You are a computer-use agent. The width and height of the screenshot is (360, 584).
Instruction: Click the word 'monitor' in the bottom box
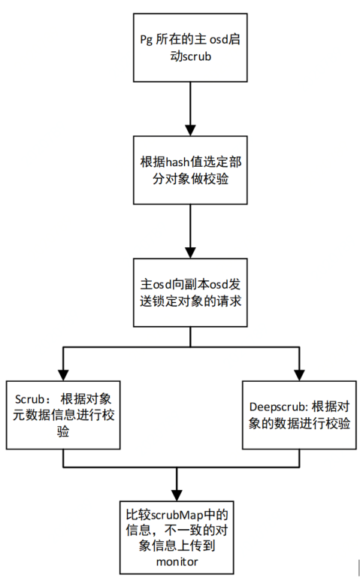pos(177,561)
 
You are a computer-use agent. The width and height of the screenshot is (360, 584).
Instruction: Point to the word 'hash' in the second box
pos(177,162)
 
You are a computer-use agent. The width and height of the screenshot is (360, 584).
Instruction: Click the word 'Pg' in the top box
pos(147,40)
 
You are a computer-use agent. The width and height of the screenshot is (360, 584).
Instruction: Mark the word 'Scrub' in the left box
pos(30,399)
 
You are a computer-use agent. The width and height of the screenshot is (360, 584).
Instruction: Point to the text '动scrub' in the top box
pos(191,56)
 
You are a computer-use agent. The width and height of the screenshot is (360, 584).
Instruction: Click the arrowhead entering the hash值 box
pos(190,130)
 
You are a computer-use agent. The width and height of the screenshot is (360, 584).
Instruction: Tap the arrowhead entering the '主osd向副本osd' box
pos(190,253)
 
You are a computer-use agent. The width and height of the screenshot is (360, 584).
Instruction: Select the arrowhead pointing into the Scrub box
pos(63,376)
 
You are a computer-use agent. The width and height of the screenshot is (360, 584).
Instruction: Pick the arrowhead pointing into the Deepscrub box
pos(299,376)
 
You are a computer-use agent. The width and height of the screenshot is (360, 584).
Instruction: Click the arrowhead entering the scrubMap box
pos(177,496)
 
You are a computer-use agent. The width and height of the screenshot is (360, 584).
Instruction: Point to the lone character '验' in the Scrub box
pos(63,431)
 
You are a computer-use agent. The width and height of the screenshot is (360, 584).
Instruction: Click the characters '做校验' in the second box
pos(210,179)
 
